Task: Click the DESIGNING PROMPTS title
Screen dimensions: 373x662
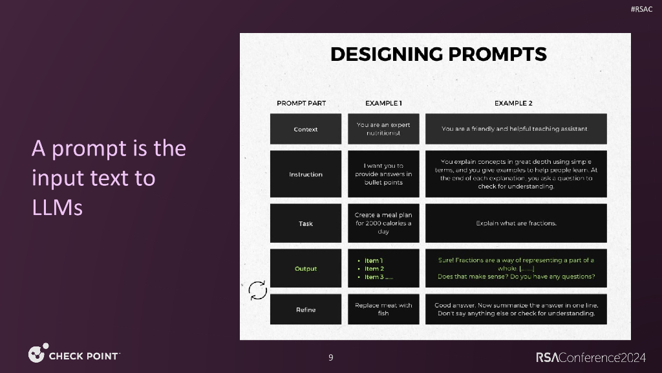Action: tap(438, 54)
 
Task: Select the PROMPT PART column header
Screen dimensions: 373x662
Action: tap(301, 103)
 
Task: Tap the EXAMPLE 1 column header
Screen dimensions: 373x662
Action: tap(383, 103)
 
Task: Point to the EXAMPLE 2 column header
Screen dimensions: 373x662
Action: tap(513, 103)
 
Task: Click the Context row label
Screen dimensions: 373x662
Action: tap(306, 129)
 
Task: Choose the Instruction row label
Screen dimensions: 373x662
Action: tap(306, 174)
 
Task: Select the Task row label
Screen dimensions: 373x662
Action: tap(306, 223)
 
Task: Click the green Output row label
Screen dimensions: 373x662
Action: tap(306, 269)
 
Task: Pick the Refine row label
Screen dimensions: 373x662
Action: tap(306, 310)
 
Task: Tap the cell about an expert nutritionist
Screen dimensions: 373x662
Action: tap(383, 129)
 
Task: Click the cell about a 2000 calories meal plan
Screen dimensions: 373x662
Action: tap(383, 223)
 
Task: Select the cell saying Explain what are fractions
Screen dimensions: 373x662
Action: tap(516, 223)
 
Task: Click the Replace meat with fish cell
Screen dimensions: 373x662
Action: tap(383, 310)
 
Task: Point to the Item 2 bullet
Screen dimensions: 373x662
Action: tap(374, 269)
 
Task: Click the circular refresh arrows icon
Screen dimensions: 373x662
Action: tap(258, 291)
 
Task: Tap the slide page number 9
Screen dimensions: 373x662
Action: tap(331, 357)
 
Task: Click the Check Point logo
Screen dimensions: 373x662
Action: tap(74, 355)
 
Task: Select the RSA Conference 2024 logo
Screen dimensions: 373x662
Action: tap(591, 357)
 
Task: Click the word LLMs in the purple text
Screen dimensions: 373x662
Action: tap(58, 209)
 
